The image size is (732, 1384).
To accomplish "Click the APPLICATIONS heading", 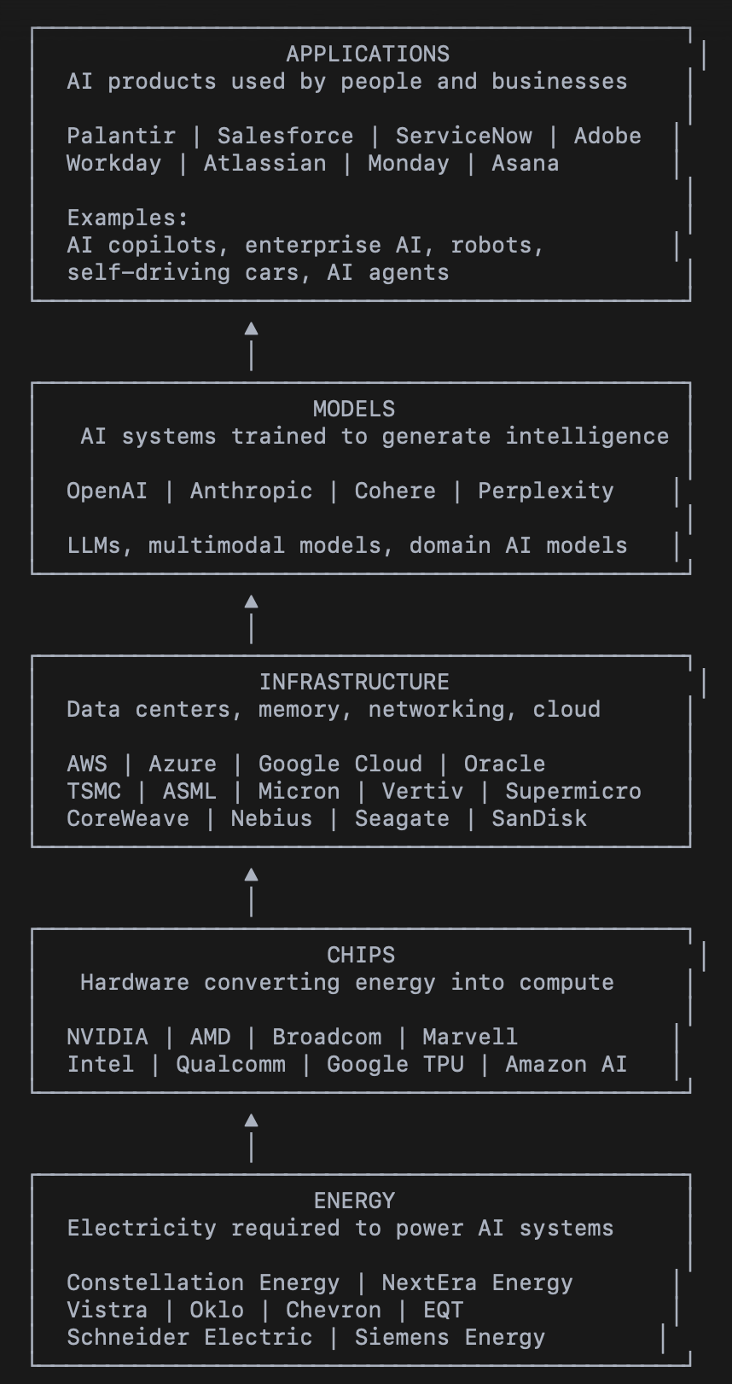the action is pyautogui.click(x=368, y=54).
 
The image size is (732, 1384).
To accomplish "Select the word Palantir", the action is pyautogui.click(x=121, y=136).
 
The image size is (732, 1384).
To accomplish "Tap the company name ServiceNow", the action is pyautogui.click(x=463, y=136).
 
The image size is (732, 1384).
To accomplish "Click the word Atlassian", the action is pyautogui.click(x=264, y=163).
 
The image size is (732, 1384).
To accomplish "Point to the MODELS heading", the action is pyautogui.click(x=354, y=409).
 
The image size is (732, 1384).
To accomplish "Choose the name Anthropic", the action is pyautogui.click(x=251, y=491).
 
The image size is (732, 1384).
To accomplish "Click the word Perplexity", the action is pyautogui.click(x=545, y=491).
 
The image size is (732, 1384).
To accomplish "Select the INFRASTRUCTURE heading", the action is pyautogui.click(x=354, y=682).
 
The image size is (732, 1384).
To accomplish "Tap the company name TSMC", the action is pyautogui.click(x=94, y=791).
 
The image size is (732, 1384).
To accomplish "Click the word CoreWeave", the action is pyautogui.click(x=128, y=818).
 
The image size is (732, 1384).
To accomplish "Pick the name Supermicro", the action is pyautogui.click(x=572, y=791).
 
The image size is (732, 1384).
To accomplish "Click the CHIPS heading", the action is pyautogui.click(x=361, y=955).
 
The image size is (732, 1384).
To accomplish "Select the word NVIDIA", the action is pyautogui.click(x=107, y=1037).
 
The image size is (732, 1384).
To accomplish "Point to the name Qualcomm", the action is pyautogui.click(x=230, y=1064).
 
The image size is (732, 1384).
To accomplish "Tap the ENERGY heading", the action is pyautogui.click(x=354, y=1201).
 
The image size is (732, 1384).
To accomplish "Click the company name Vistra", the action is pyautogui.click(x=107, y=1310).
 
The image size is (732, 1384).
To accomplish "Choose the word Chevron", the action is pyautogui.click(x=333, y=1310).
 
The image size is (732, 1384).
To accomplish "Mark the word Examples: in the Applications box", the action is pyautogui.click(x=128, y=218).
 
